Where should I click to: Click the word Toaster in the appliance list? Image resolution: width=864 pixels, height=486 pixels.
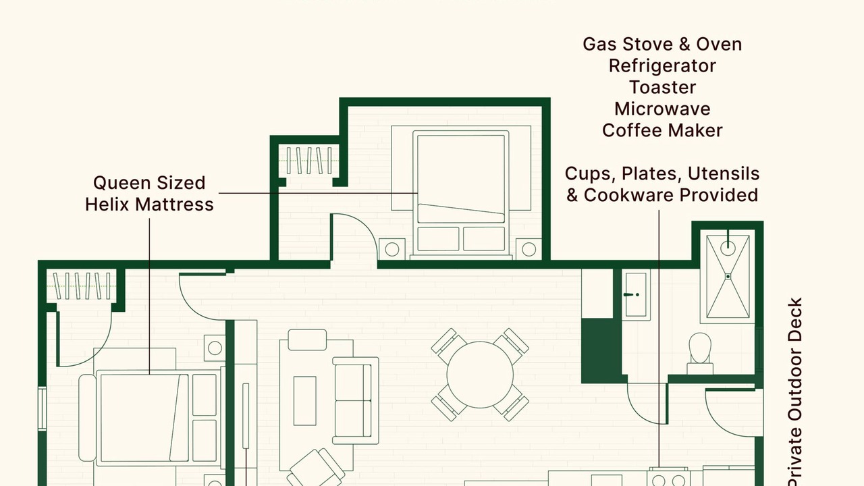[x=662, y=87]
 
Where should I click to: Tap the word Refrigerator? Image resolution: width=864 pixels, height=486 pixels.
[x=662, y=66]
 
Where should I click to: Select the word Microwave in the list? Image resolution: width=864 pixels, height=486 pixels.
[x=662, y=109]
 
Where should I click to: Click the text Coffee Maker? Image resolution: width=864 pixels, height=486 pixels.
[x=662, y=130]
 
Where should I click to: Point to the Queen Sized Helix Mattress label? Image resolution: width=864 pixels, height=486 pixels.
[x=149, y=194]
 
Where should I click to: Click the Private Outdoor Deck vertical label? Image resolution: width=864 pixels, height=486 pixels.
[x=795, y=391]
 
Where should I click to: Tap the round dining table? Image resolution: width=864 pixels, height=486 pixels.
[x=480, y=375]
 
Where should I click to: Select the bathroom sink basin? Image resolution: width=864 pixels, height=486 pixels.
[x=636, y=295]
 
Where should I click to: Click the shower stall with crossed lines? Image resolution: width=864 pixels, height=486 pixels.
[x=728, y=277]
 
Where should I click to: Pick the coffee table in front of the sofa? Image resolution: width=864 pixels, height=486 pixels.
[x=304, y=401]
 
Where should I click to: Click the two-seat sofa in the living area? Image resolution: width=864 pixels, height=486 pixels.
[x=356, y=400]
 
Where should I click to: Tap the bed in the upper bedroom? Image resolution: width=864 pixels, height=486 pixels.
[x=461, y=193]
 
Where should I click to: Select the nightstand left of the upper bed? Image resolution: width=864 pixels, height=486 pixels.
[x=392, y=249]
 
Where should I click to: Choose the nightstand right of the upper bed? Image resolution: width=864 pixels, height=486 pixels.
[x=529, y=249]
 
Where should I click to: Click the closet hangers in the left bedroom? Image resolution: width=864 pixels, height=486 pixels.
[x=82, y=286]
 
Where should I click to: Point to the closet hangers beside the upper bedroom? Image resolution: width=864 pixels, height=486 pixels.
[x=309, y=161]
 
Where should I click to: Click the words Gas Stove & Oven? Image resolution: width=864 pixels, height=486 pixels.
[x=662, y=45]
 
